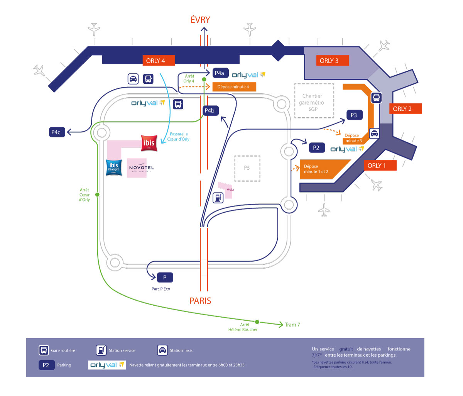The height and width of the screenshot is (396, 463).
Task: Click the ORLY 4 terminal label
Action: coord(155,61)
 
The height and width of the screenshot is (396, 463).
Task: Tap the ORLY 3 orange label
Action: coord(329,61)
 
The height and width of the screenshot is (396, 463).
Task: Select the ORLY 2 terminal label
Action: coord(402,109)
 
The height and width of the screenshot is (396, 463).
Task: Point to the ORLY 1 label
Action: coord(377,166)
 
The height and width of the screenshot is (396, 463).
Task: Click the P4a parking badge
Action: coord(220,73)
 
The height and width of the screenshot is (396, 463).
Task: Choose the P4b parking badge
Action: coord(210,111)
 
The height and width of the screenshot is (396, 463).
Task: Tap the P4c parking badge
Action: coord(56,132)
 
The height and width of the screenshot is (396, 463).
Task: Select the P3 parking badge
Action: coord(354,115)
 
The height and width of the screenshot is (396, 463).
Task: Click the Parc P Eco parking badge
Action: coord(165,277)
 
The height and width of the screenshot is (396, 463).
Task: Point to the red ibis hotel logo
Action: coord(149,143)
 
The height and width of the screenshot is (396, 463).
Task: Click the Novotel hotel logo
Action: coord(141,168)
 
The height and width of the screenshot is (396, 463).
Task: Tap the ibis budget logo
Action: coord(114,168)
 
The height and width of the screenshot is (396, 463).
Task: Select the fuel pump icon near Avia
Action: coord(218,198)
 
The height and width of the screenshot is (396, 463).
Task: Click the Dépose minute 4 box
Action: coord(233,87)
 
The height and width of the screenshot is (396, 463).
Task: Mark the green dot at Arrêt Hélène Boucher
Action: coord(257,322)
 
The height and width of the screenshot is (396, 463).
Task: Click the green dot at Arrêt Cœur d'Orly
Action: coord(97,195)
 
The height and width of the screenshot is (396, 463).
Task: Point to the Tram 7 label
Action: coord(292,325)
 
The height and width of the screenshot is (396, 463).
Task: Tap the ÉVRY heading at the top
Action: coord(200,20)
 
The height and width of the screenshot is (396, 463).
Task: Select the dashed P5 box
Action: coord(247,168)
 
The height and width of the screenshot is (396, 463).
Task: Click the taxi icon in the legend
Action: coord(162,350)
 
